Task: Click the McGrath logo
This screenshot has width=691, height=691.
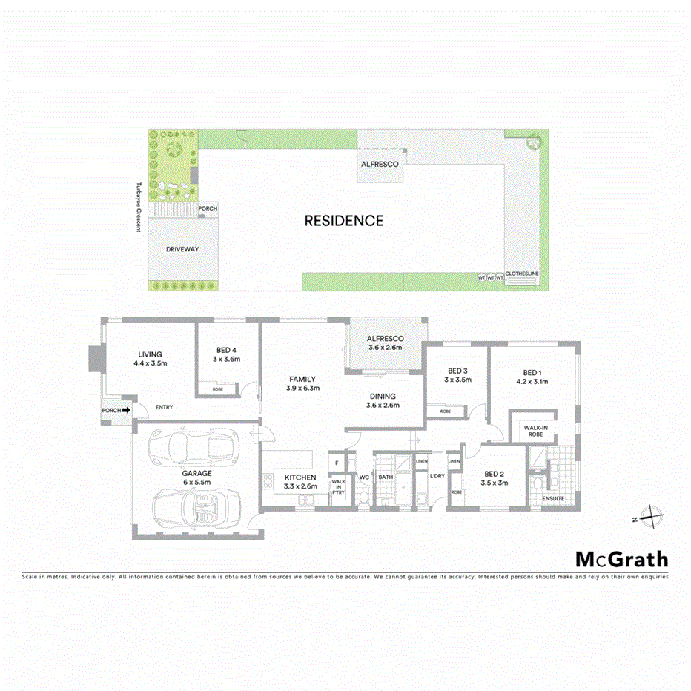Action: point(621,559)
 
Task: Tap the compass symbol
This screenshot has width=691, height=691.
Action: point(649,516)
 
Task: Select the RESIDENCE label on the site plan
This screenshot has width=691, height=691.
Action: point(344,221)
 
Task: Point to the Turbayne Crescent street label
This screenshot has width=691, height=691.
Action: point(138,207)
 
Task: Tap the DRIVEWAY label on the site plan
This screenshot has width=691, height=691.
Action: point(182,250)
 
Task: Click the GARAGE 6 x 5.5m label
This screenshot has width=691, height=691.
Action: point(198,477)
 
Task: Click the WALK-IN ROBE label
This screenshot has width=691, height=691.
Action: point(535,432)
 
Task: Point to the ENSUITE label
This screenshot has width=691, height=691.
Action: point(553,499)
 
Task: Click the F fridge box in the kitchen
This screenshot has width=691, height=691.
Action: point(337,462)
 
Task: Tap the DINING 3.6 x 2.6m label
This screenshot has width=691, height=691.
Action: point(383,400)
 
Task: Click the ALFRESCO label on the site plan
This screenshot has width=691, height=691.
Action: point(380,163)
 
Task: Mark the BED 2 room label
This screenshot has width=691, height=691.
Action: point(495,478)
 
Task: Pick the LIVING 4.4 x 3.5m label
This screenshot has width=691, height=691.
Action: point(150,359)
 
